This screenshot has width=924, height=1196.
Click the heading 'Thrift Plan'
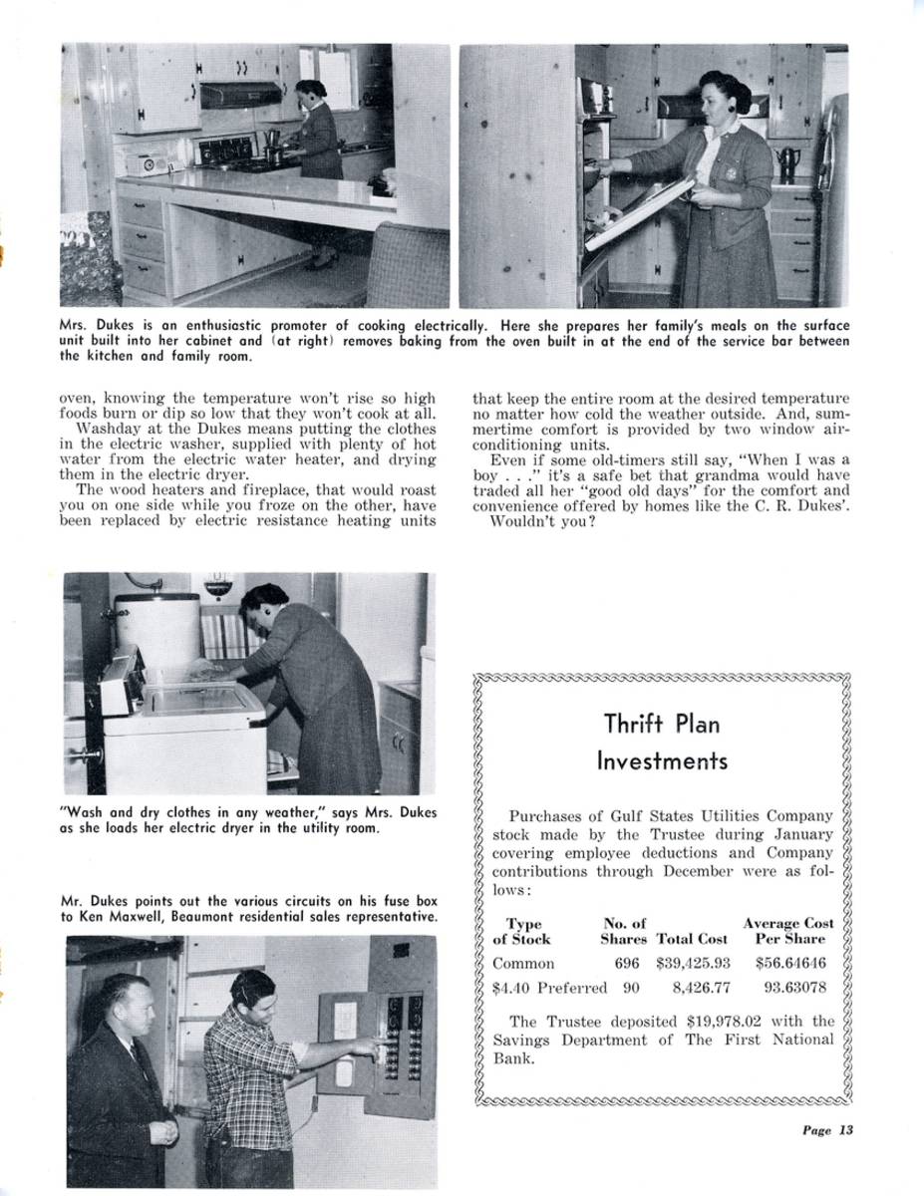[661, 723]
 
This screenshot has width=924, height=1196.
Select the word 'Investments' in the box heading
[661, 761]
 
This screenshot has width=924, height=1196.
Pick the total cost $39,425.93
[694, 964]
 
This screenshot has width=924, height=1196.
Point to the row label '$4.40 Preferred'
[549, 988]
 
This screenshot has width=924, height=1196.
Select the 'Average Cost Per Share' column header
[788, 931]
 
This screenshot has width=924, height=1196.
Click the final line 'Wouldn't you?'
[542, 520]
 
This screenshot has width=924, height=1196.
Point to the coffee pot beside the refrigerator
[786, 162]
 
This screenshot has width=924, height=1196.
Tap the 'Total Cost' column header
[692, 939]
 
